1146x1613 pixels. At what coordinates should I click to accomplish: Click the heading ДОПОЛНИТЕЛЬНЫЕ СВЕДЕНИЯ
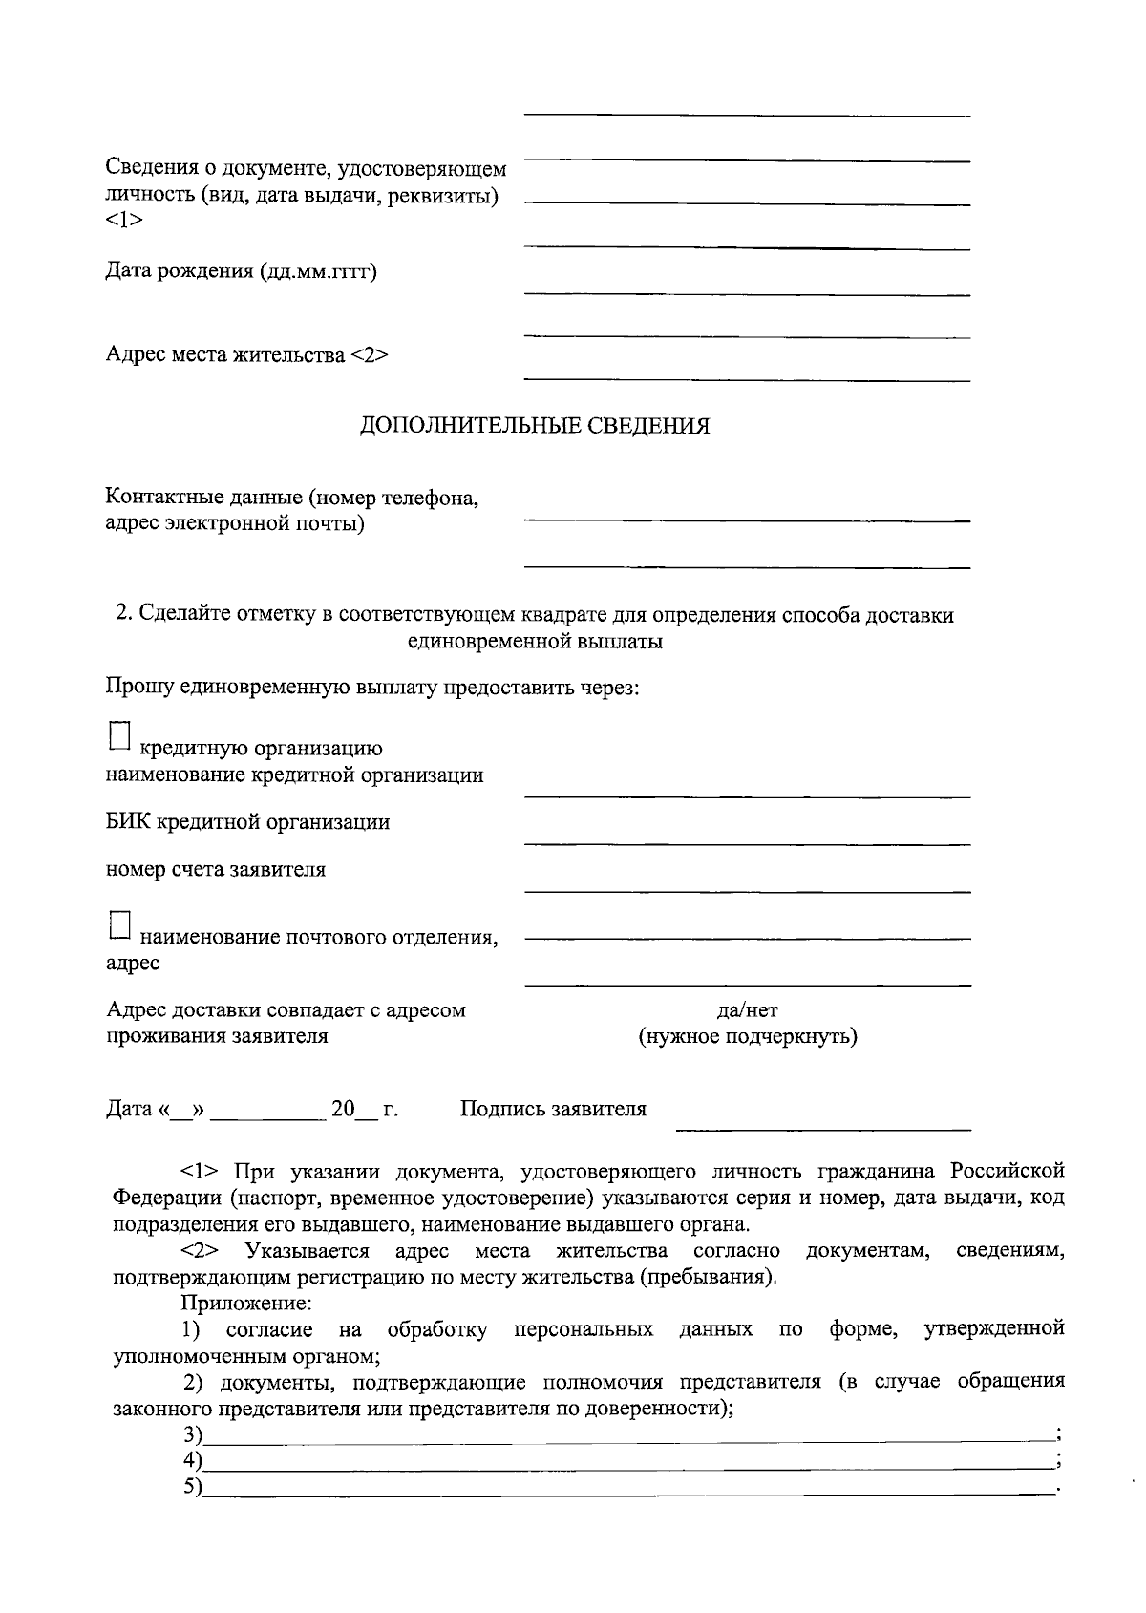pos(535,426)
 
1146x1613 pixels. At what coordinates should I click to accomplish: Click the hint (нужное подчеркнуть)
pos(747,1036)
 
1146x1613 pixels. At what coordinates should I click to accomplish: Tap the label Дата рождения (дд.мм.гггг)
pos(241,272)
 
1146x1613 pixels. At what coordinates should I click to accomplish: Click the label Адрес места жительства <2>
pos(246,355)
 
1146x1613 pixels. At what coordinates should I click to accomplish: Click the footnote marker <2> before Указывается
pos(201,1251)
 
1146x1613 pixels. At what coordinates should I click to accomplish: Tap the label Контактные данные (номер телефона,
pos(291,498)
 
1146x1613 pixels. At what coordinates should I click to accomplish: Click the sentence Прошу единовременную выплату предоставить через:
pos(371,688)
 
